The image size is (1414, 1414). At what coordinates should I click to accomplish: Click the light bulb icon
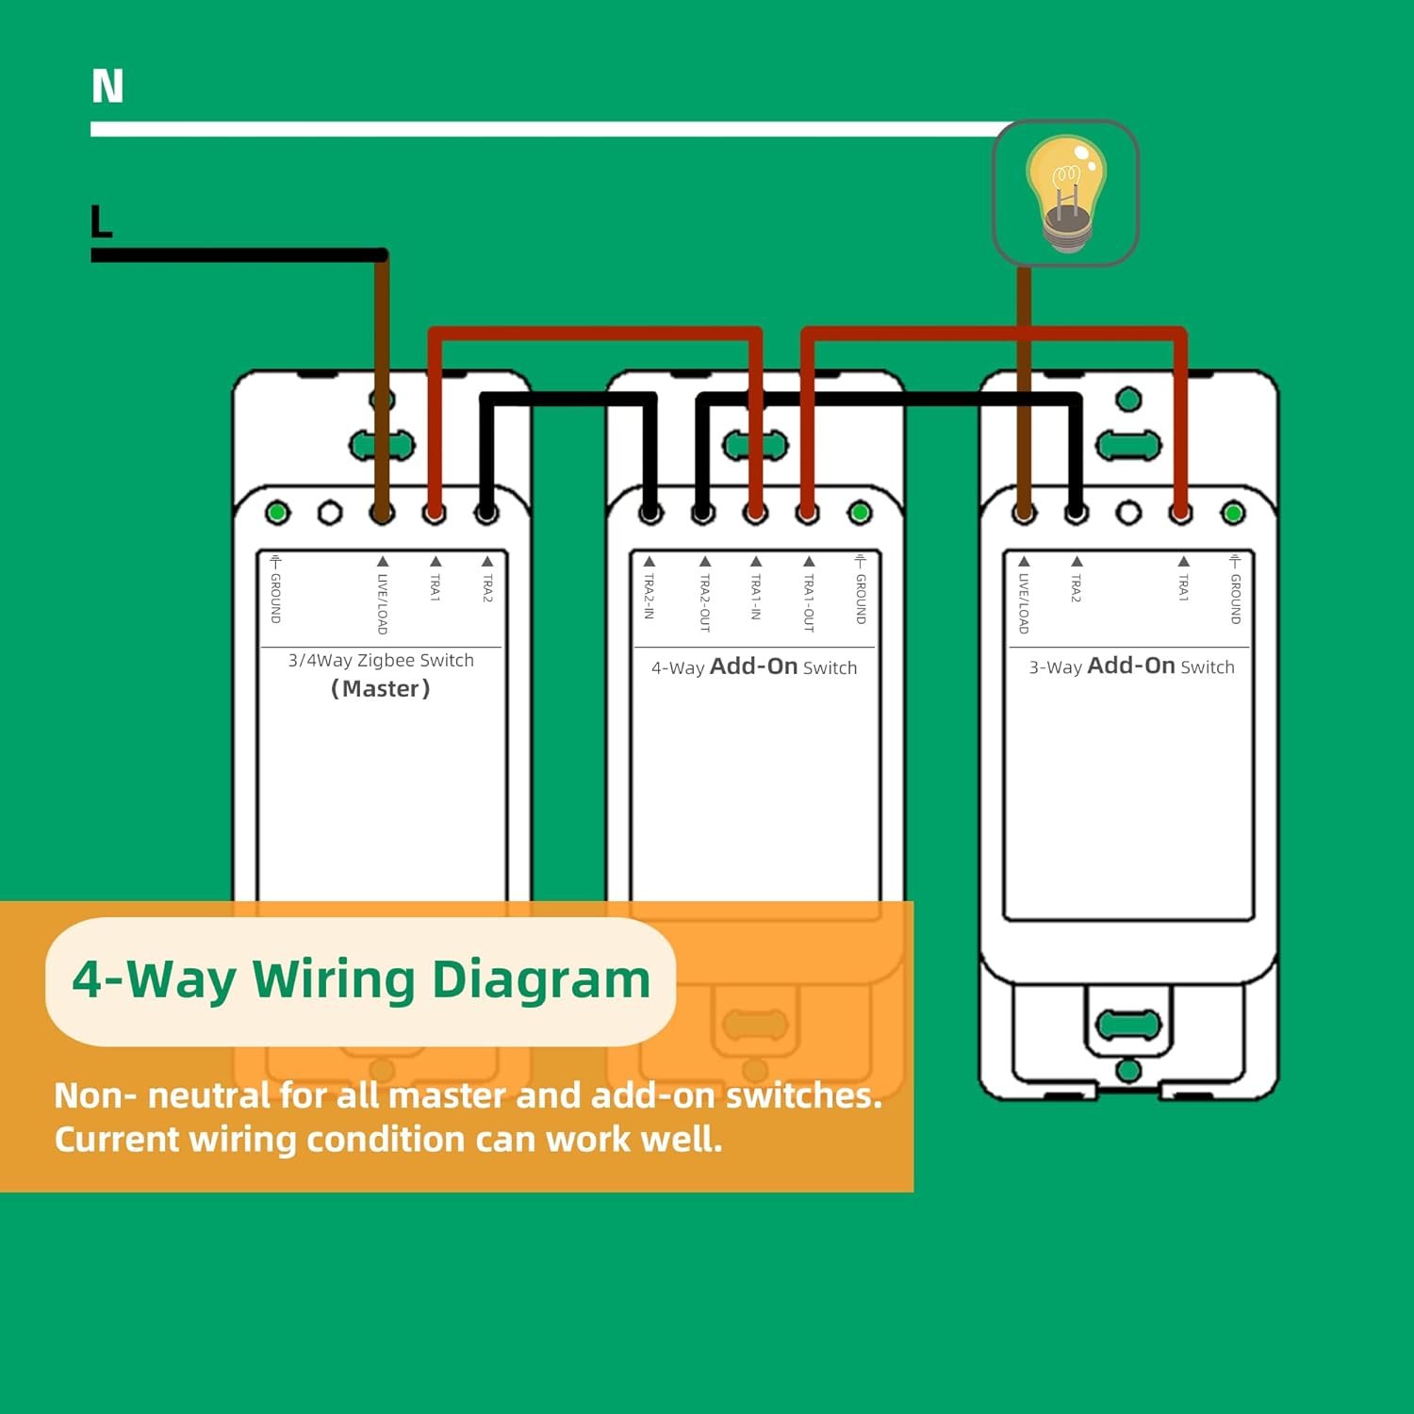coord(1065,193)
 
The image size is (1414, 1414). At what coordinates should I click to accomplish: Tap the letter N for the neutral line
coord(107,86)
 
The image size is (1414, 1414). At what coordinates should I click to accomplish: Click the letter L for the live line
coord(101,222)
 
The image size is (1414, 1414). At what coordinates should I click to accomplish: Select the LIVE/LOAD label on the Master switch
coord(382,603)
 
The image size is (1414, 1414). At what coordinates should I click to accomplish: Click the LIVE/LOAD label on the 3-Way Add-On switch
coord(1024,602)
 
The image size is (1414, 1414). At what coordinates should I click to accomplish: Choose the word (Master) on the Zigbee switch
coord(381,689)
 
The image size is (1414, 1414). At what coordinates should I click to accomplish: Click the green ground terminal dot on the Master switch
coord(277,513)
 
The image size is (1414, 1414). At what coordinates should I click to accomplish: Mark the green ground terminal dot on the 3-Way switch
coord(1233,514)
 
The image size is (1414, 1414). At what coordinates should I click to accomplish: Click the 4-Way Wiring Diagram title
coord(361,980)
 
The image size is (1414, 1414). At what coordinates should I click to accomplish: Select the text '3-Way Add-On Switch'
coord(1131,666)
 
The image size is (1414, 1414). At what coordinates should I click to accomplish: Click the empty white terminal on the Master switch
coord(329,513)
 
